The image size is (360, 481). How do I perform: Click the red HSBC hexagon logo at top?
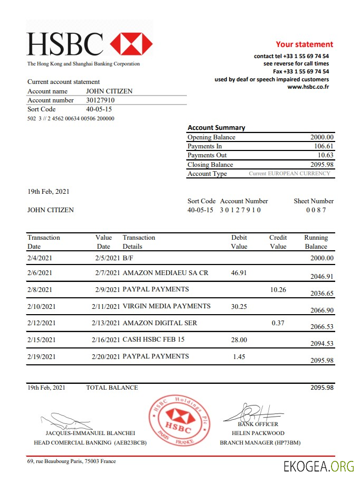coord(131,44)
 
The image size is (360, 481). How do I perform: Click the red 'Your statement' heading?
coord(304,44)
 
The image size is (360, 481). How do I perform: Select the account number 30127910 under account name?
coord(100,100)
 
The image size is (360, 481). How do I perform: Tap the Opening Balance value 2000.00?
coord(321,137)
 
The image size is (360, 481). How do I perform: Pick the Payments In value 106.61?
coord(323,146)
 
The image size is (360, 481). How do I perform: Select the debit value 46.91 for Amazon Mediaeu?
coord(239,273)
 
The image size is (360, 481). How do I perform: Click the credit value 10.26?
coord(278,289)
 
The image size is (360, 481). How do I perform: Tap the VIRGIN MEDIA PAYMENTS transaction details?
coord(166,306)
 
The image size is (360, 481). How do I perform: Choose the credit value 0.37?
coord(278,323)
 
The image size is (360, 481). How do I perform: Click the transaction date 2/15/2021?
coord(41,339)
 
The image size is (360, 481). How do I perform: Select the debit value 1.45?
coord(239,356)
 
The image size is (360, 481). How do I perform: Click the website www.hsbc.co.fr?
coord(308,87)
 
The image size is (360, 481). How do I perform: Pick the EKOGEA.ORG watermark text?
coord(318,466)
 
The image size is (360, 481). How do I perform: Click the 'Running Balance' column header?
coord(316,242)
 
